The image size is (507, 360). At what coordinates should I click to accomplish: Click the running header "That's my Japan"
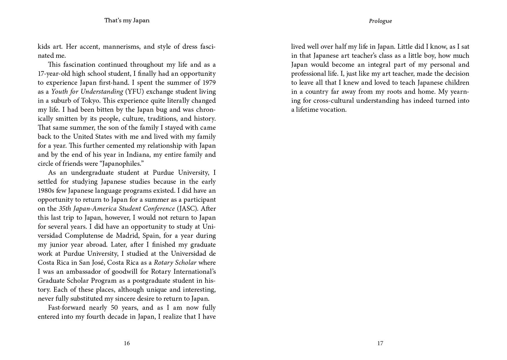pos(127,20)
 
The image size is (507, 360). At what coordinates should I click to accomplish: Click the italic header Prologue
pos(380,21)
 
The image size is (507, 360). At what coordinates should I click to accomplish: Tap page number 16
pos(127,343)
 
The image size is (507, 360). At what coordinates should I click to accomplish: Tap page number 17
pos(380,343)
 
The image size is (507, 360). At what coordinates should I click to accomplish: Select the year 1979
pos(208,82)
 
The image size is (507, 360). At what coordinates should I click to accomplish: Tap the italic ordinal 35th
pos(65,208)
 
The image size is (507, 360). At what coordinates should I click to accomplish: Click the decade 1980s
pos(46,190)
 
